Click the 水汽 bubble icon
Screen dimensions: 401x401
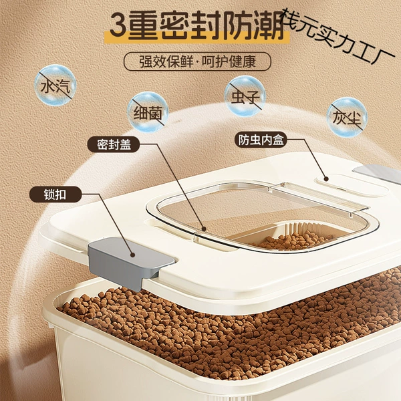point(55,86)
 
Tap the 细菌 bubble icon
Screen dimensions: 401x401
point(148,112)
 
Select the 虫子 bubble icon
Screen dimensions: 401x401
point(245,96)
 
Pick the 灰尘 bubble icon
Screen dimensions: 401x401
point(347,118)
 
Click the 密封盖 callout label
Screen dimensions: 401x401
point(114,144)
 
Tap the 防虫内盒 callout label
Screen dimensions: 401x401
point(261,140)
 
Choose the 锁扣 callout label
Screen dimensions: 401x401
point(55,194)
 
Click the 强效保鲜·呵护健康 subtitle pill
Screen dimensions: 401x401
point(197,61)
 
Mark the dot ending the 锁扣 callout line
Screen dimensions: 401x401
point(132,255)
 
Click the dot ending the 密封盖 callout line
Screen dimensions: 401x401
point(204,229)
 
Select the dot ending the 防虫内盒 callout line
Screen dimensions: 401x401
point(325,178)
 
